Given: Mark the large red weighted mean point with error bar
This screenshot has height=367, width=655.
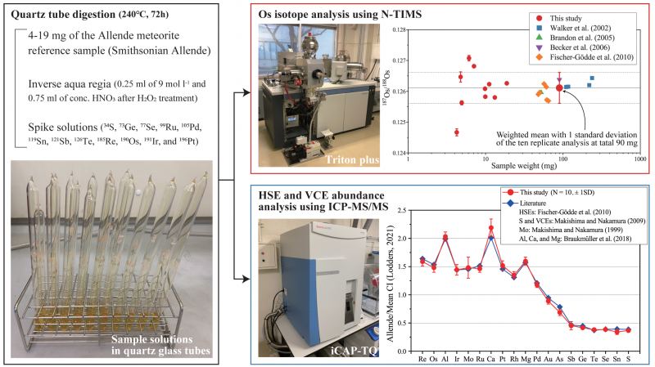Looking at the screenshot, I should [559, 87].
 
